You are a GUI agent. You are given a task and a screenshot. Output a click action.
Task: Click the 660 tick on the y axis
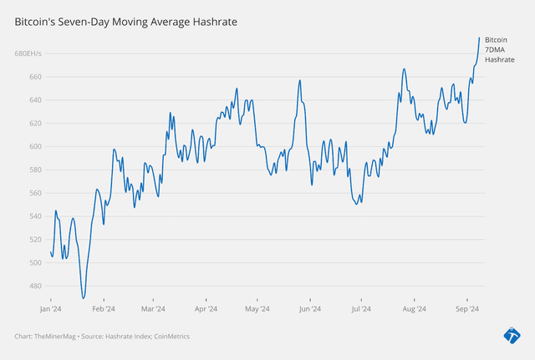(37, 77)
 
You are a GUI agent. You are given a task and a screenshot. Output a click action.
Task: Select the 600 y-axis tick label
(37, 146)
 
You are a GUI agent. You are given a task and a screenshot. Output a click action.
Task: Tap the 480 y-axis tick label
(37, 286)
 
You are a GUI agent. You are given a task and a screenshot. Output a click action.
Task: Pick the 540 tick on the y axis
(37, 216)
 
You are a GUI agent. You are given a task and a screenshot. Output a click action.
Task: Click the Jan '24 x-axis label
(51, 309)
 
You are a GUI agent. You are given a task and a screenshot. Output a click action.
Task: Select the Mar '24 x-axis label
(154, 309)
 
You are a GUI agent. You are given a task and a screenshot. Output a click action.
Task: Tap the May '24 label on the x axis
(257, 309)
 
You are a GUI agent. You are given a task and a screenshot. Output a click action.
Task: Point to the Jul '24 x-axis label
(362, 309)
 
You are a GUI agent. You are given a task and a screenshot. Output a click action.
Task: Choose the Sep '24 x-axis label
(466, 309)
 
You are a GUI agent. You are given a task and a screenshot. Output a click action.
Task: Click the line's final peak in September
(479, 38)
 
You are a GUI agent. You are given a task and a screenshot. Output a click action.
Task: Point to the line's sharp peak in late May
(299, 80)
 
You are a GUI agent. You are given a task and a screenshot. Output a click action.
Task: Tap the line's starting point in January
(50, 251)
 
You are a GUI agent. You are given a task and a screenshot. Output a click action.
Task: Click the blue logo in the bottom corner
(512, 336)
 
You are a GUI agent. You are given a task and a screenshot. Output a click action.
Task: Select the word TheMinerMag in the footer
(54, 337)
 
